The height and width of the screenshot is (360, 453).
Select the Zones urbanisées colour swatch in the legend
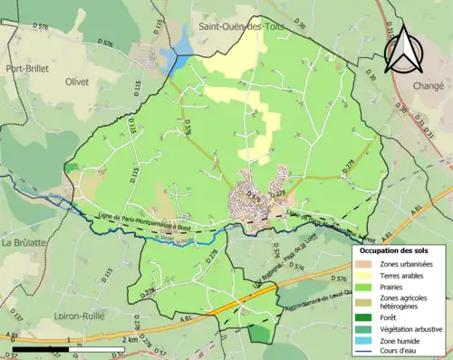tap(363, 262)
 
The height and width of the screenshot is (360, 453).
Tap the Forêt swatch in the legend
tap(363, 317)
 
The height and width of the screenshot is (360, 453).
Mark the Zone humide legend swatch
tap(363, 340)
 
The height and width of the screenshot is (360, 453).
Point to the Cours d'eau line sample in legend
tap(363, 351)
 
